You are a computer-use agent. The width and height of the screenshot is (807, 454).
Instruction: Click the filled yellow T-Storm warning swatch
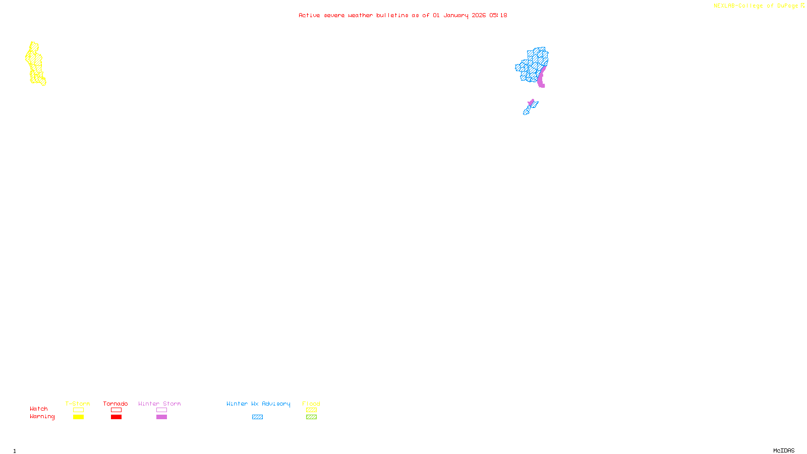(x=78, y=417)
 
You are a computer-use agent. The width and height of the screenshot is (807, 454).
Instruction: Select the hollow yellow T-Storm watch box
(x=78, y=410)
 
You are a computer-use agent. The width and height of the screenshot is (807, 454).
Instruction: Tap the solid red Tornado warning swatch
(x=116, y=417)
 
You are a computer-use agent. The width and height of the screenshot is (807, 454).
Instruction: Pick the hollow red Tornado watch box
(x=116, y=410)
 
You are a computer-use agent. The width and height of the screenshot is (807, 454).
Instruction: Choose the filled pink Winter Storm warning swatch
(x=161, y=417)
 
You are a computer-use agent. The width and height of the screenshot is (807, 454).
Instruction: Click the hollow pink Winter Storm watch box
(x=161, y=410)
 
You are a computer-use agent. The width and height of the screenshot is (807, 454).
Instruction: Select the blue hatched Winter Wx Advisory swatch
(x=257, y=417)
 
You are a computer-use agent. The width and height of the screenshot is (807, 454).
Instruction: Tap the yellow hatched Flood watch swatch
(x=311, y=410)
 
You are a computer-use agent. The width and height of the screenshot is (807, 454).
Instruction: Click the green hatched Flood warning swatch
(x=311, y=417)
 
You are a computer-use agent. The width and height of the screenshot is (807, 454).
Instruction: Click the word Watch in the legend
(x=39, y=409)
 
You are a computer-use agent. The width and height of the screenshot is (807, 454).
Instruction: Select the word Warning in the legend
(x=42, y=417)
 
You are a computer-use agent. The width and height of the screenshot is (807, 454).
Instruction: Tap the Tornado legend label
(x=116, y=404)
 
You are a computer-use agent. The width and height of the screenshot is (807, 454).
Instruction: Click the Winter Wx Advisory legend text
(x=258, y=404)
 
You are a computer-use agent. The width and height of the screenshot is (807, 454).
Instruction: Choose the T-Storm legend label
(x=78, y=404)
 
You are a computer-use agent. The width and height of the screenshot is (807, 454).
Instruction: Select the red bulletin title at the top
(x=402, y=15)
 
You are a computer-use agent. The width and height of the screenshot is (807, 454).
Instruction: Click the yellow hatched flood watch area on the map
(x=35, y=64)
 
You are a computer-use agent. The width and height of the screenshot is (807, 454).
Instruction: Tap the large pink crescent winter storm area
(x=541, y=78)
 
